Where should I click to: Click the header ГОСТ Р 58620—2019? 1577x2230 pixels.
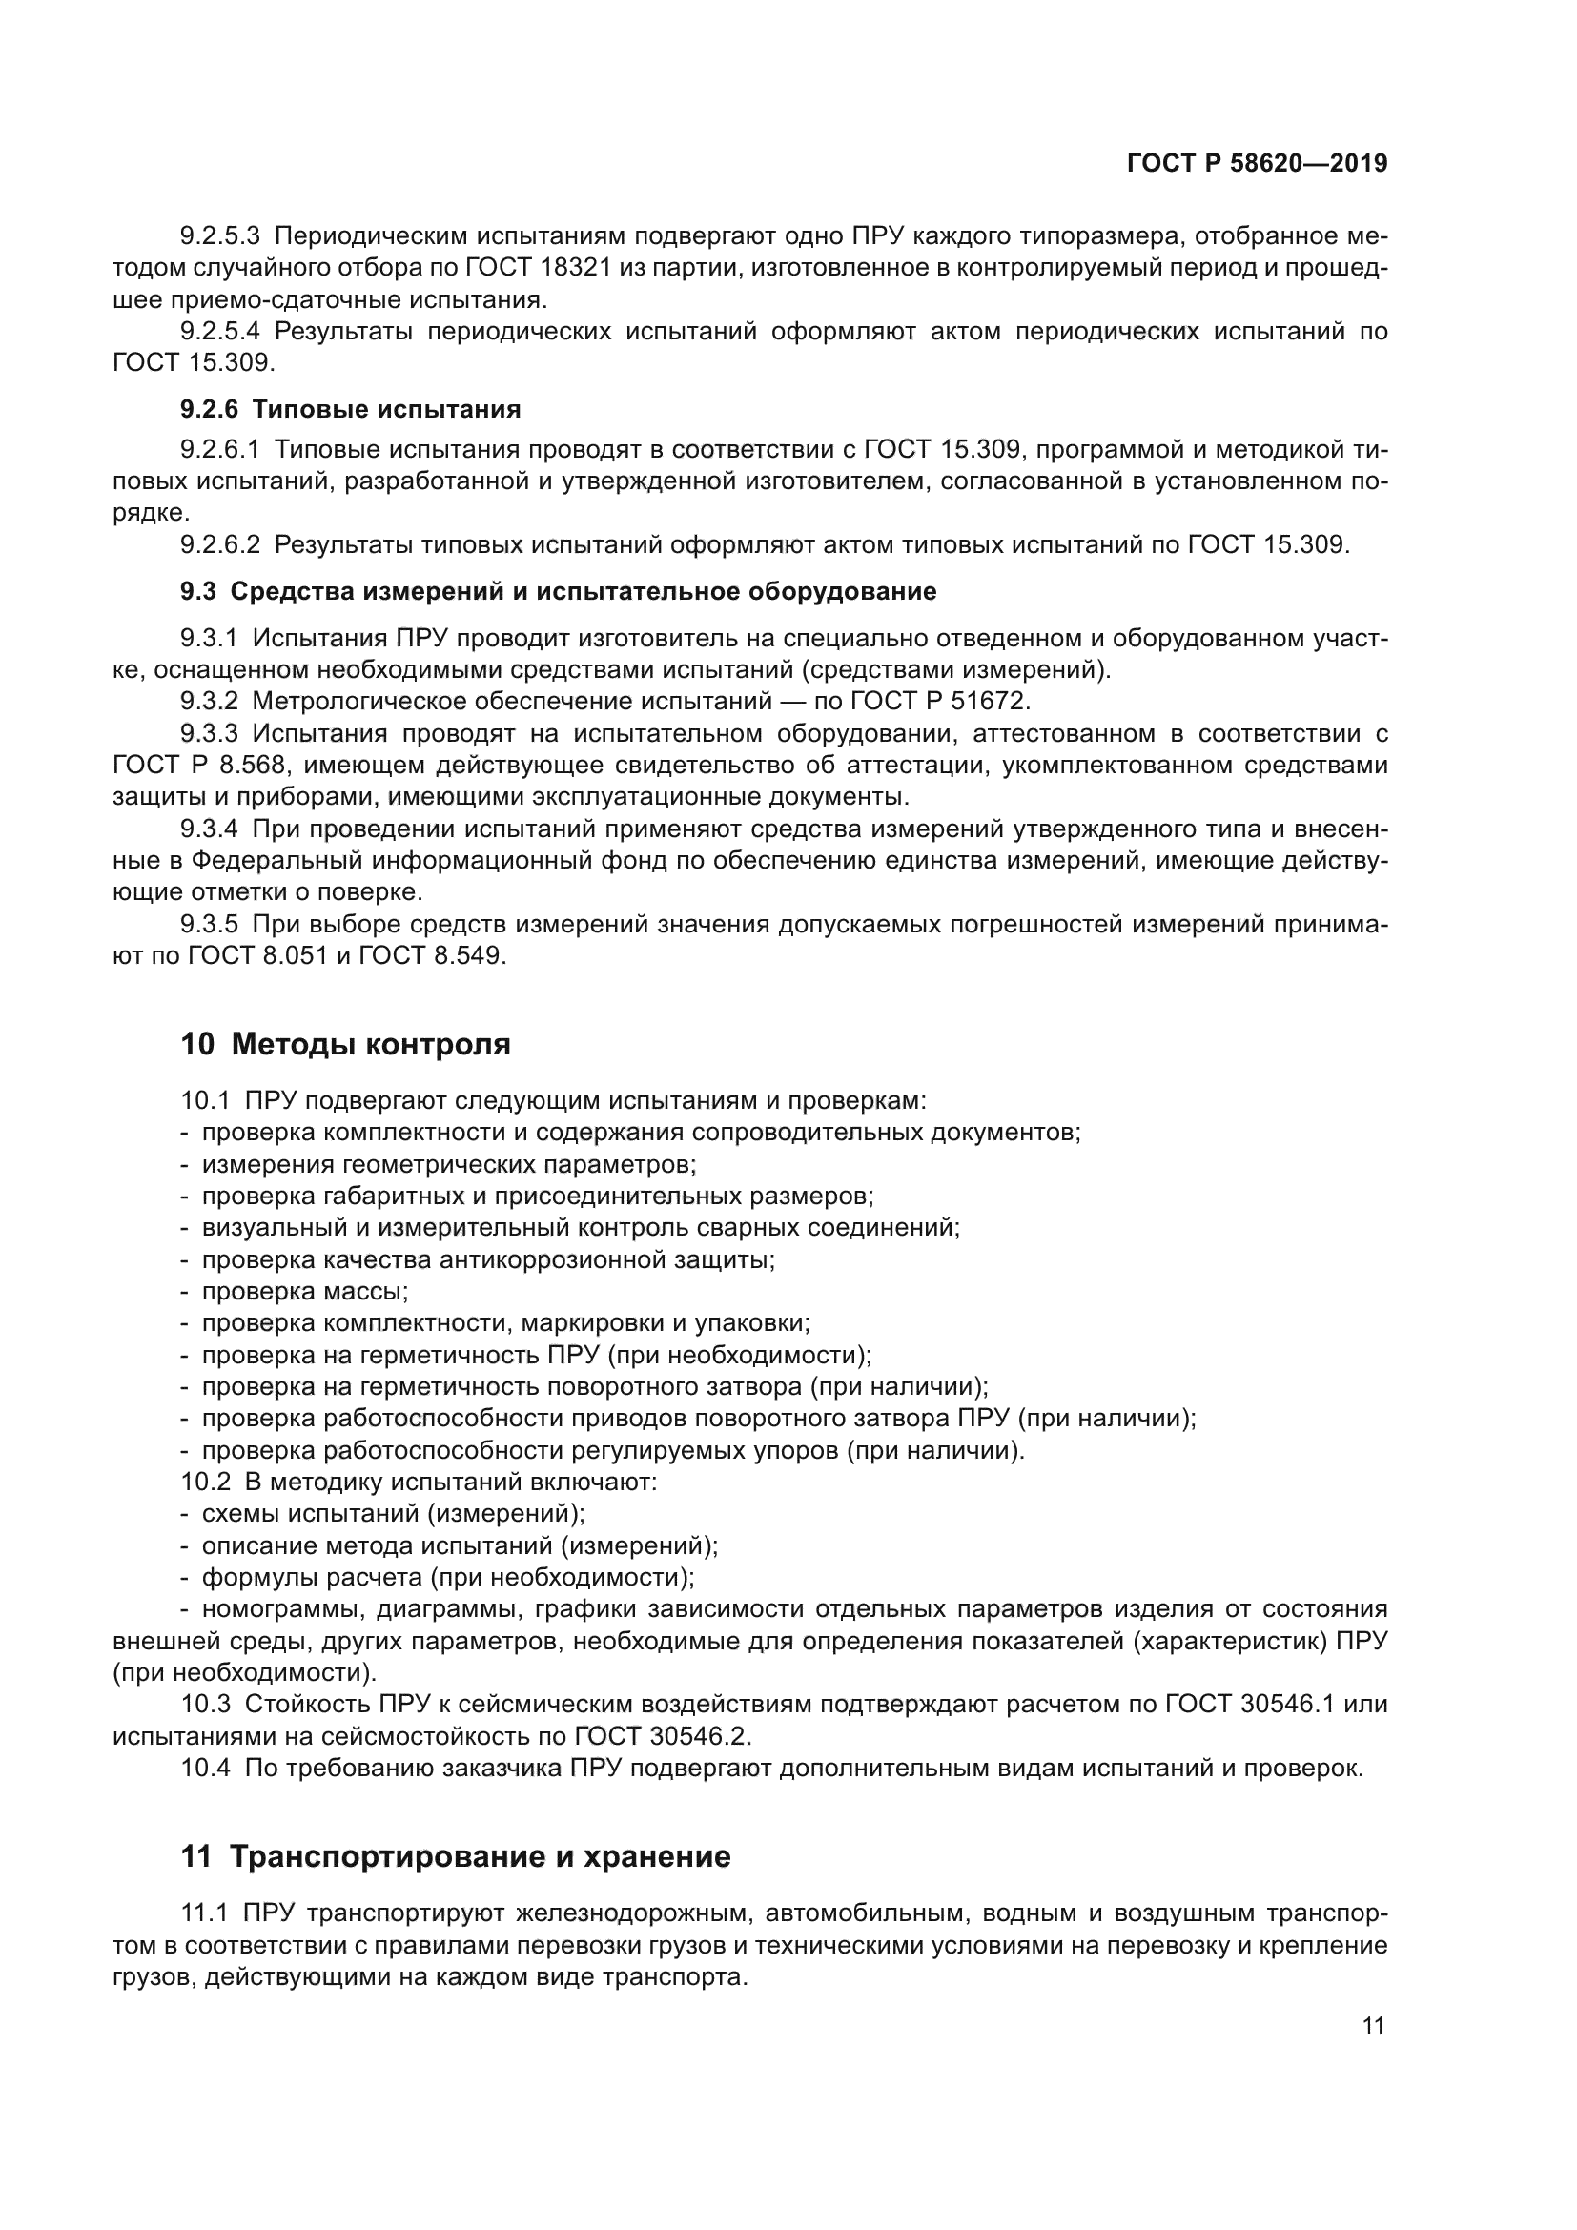pyautogui.click(x=1257, y=163)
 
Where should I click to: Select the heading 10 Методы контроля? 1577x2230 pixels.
pyautogui.click(x=345, y=1045)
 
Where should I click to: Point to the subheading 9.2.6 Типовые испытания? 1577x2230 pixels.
pyautogui.click(x=350, y=409)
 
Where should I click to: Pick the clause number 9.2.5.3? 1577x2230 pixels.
pyautogui.click(x=219, y=236)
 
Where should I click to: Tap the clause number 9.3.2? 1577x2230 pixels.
pyautogui.click(x=209, y=702)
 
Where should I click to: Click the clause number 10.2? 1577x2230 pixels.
pyautogui.click(x=206, y=1483)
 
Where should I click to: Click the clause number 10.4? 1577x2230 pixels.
pyautogui.click(x=206, y=1768)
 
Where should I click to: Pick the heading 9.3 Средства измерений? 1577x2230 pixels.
pyautogui.click(x=559, y=591)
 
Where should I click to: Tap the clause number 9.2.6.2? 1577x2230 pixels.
pyautogui.click(x=219, y=545)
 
